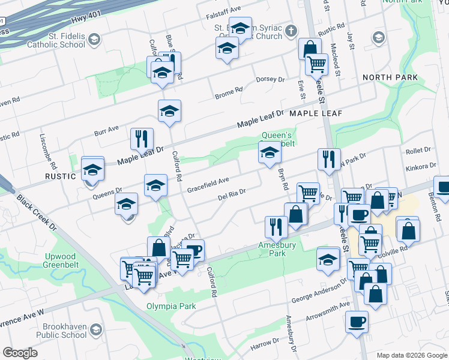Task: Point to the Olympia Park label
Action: (x=172, y=306)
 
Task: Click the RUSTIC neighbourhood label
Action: (x=61, y=176)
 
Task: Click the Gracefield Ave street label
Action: (x=208, y=184)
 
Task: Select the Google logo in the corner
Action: (x=20, y=352)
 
